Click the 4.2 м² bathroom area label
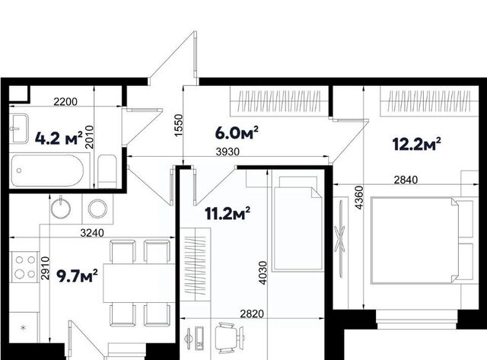pyautogui.click(x=59, y=139)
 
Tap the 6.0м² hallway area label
pyautogui.click(x=237, y=133)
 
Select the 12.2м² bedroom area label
pyautogui.click(x=416, y=144)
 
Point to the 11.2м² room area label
pyautogui.click(x=228, y=213)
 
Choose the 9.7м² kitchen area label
pyautogui.click(x=77, y=276)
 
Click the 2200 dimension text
pyautogui.click(x=65, y=101)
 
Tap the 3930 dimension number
pyautogui.click(x=228, y=152)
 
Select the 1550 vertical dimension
pyautogui.click(x=179, y=126)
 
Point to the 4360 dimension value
pyautogui.click(x=358, y=198)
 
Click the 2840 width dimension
pyautogui.click(x=406, y=180)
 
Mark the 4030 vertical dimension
pyautogui.click(x=263, y=273)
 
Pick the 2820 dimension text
pyautogui.click(x=252, y=314)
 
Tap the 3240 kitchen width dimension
pyautogui.click(x=92, y=233)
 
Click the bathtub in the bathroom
pyautogui.click(x=47, y=170)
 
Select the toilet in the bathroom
pyautogui.click(x=107, y=171)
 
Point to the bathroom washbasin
pyautogui.click(x=18, y=129)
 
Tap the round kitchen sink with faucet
pyautogui.click(x=61, y=207)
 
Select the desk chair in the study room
pyautogui.click(x=230, y=338)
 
